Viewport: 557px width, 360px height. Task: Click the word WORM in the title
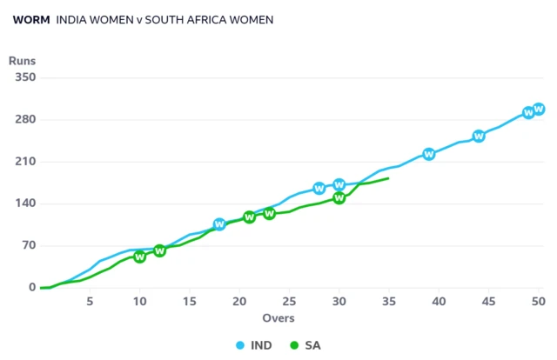pos(31,19)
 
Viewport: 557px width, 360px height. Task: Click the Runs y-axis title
pos(22,61)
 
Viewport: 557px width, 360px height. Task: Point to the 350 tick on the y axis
pos(23,77)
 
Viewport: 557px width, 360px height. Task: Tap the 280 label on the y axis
pos(23,119)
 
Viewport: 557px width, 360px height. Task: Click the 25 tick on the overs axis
pos(289,301)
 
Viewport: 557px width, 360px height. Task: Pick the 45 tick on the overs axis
pos(489,301)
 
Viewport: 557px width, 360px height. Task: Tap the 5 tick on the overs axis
pos(90,301)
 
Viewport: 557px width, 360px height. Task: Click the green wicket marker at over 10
pos(140,257)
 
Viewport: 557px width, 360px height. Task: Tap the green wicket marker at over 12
pos(160,250)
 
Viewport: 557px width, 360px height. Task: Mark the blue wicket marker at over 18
pos(219,224)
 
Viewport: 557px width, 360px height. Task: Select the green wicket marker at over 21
pos(250,217)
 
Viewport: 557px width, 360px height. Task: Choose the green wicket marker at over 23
pos(270,213)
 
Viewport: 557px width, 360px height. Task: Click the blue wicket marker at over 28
pos(319,188)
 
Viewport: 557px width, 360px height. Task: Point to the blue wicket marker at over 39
pos(429,154)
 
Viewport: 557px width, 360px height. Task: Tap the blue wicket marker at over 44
pos(479,136)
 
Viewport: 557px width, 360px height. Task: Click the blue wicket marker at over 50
pos(539,109)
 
